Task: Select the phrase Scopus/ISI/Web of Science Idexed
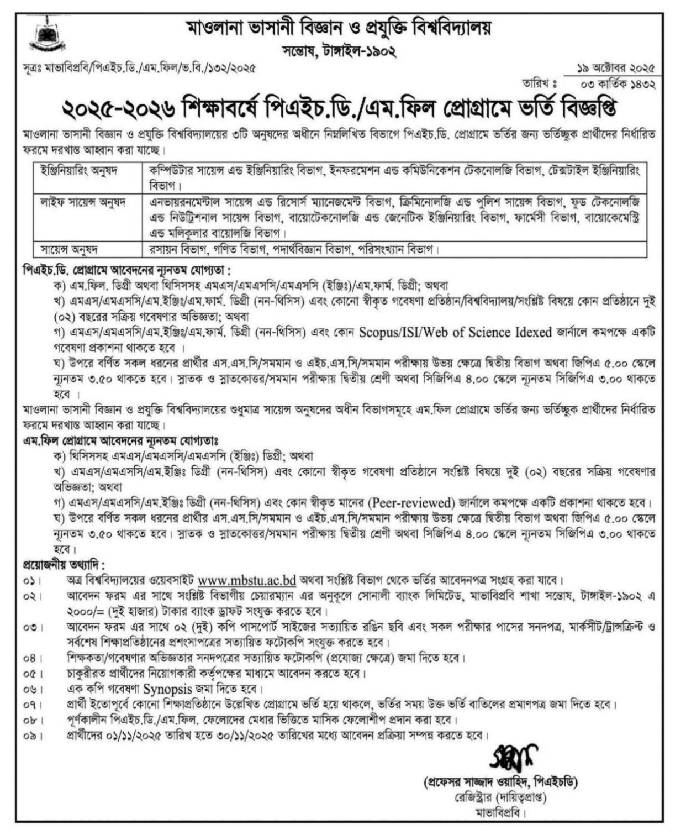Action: (456, 332)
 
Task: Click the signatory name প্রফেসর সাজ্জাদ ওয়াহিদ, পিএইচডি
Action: (499, 783)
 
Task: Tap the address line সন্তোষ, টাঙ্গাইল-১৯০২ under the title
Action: (338, 53)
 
